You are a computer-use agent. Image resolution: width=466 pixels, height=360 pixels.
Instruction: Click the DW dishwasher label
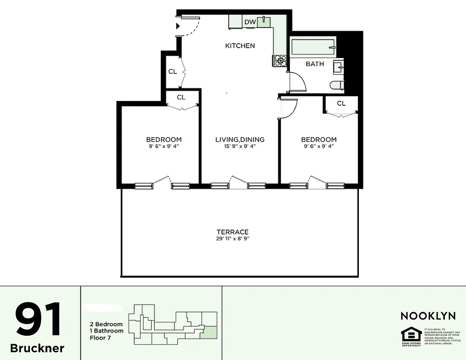pos(250,22)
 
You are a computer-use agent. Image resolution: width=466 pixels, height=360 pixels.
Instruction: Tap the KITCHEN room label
pos(240,45)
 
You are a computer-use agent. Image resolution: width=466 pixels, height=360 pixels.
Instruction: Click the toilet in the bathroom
pos(337,85)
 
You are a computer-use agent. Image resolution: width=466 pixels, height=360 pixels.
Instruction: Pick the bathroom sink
pos(338,68)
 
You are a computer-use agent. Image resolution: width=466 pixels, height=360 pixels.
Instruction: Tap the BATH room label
pos(315,64)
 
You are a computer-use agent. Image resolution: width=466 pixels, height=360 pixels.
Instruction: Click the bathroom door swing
pos(297,84)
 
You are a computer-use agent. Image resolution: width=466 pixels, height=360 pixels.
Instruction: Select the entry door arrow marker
pos(178,26)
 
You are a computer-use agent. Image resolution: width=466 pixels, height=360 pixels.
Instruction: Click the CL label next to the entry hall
pos(172,72)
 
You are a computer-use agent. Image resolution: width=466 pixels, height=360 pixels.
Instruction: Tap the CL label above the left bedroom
pos(181,97)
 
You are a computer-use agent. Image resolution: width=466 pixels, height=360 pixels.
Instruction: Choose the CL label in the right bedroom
pos(341,103)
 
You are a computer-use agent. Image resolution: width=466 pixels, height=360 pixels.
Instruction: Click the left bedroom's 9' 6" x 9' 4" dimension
pos(164,146)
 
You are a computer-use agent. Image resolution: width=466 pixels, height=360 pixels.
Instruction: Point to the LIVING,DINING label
pos(240,139)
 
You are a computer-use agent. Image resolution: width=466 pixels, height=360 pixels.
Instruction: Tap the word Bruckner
pos(37,348)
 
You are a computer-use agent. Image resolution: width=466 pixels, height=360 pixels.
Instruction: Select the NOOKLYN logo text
pos(428,316)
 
